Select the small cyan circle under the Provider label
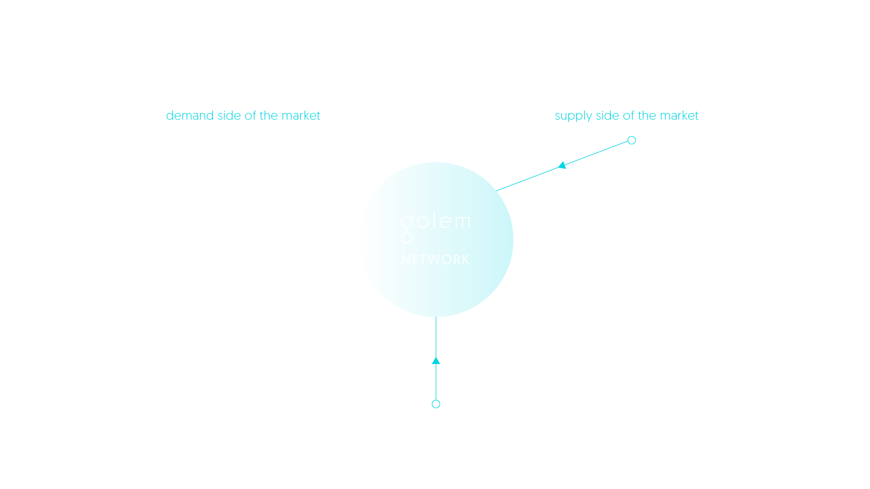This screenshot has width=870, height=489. [x=632, y=140]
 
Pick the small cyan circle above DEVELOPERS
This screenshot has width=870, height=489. [x=436, y=404]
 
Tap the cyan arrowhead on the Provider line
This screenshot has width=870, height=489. [x=562, y=165]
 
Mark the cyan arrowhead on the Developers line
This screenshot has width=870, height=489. [x=436, y=361]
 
